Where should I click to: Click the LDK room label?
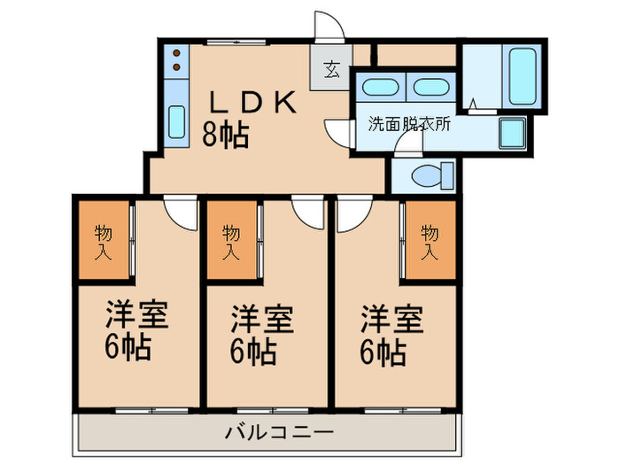[x=252, y=102]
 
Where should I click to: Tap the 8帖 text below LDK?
[x=225, y=135]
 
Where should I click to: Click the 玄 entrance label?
[x=332, y=69]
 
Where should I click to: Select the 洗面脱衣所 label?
[x=409, y=124]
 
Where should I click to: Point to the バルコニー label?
[x=280, y=432]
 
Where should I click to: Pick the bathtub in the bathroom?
[x=522, y=76]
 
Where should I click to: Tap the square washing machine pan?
[x=512, y=133]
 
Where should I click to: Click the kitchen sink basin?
[x=176, y=122]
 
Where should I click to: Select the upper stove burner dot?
[x=176, y=53]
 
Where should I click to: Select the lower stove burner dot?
[x=176, y=67]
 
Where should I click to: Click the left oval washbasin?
[x=380, y=88]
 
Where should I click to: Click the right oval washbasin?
[x=431, y=88]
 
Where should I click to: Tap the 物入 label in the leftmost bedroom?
[x=104, y=242]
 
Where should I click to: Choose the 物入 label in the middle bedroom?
[x=231, y=242]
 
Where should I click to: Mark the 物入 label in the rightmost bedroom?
[x=430, y=242]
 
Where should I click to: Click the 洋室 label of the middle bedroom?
[x=262, y=319]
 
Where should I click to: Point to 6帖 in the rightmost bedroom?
[x=384, y=352]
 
